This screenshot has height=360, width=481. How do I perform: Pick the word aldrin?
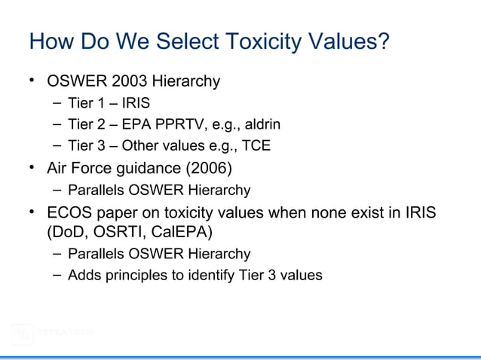[262, 124]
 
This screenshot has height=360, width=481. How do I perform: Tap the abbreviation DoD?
[66, 231]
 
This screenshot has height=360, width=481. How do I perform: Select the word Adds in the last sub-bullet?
[83, 276]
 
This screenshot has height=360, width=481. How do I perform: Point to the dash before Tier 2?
[58, 124]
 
